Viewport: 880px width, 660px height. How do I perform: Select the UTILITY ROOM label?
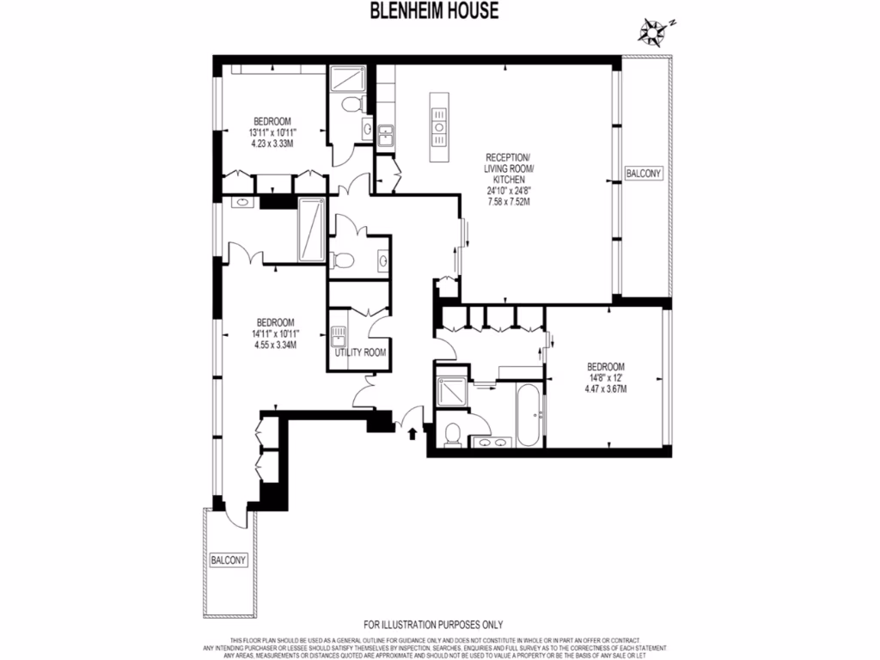360,352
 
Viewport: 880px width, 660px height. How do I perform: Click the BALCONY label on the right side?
644,174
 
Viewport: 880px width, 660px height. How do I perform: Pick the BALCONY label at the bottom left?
229,560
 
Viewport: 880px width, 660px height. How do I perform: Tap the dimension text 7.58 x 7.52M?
508,203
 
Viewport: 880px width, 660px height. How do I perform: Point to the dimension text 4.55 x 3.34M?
275,345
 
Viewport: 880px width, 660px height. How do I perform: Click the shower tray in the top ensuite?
348,80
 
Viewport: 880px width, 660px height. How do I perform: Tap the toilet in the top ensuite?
351,105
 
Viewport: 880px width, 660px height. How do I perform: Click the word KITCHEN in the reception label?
508,180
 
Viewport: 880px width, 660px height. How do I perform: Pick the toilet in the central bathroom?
343,260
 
